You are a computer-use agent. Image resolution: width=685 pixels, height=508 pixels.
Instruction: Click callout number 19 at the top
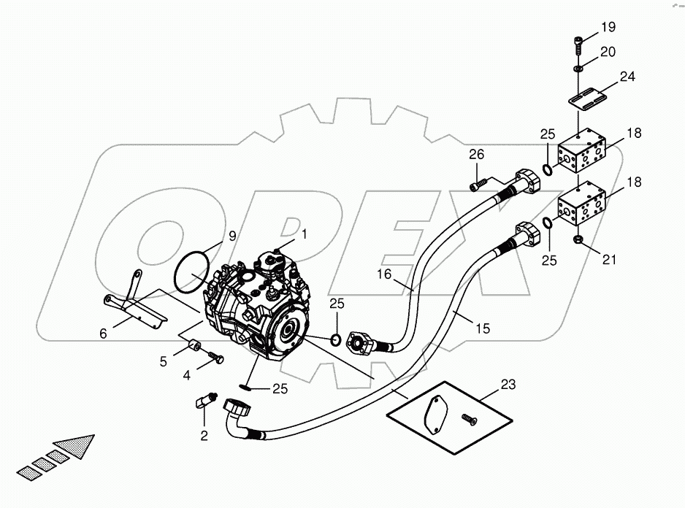[x=608, y=28]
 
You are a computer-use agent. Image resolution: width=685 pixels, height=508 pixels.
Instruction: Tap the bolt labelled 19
[x=578, y=43]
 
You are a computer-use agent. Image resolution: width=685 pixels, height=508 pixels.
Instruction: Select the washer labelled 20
[x=578, y=67]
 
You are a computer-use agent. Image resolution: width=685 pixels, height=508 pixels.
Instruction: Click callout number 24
[x=627, y=76]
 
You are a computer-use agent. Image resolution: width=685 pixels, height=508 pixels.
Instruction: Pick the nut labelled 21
[x=579, y=239]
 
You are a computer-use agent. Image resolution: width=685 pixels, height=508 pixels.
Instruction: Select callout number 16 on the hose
[x=384, y=276]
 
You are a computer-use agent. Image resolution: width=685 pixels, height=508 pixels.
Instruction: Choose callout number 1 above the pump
[x=305, y=234]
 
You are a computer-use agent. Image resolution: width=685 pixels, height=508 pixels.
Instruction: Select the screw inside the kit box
[x=468, y=418]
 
